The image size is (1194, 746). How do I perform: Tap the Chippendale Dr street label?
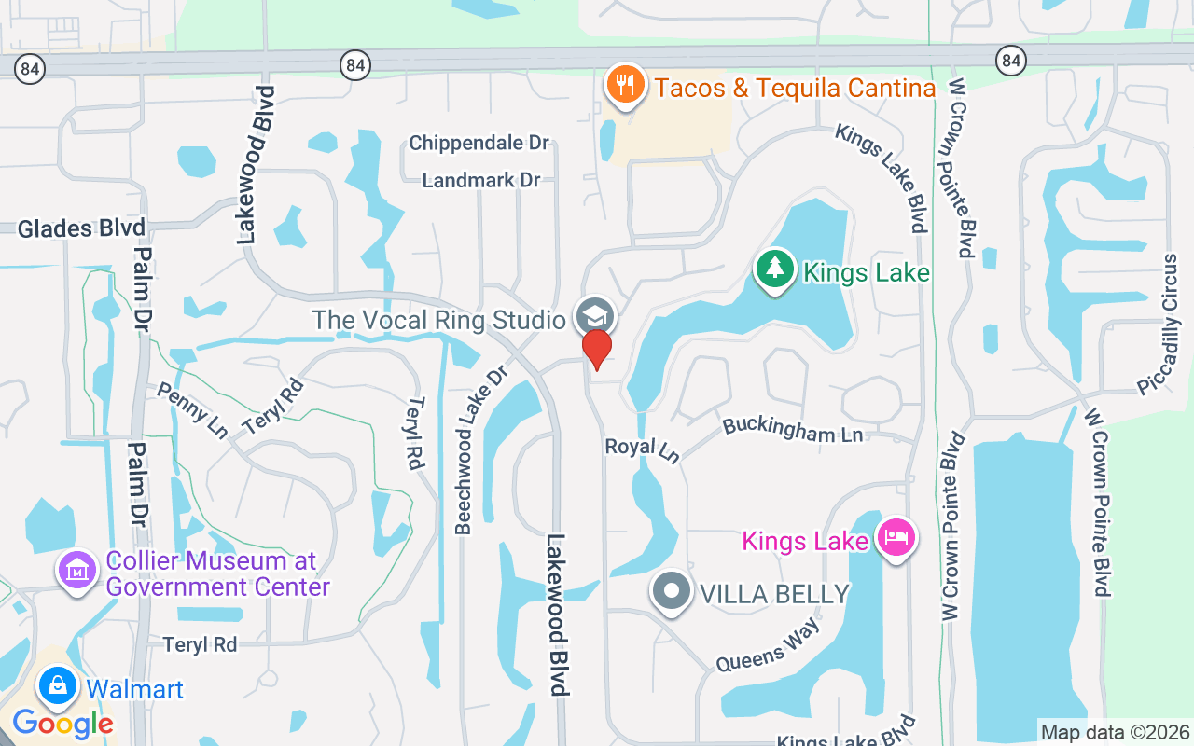coord(479,144)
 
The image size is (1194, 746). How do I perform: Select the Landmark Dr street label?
coord(481,180)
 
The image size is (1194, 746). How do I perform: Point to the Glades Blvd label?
coord(82,228)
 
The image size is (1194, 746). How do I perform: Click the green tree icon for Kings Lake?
coord(774,269)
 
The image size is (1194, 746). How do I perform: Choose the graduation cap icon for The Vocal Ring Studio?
coord(594,316)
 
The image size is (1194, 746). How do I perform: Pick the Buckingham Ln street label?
coord(793,430)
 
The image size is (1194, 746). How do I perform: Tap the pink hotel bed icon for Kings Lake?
coord(895,538)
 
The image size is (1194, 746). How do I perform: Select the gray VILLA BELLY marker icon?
coord(671,592)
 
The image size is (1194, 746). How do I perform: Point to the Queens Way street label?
coord(768,644)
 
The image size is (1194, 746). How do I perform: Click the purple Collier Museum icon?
coord(77,569)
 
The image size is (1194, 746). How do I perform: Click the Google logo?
coord(62,723)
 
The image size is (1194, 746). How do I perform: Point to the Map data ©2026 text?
coord(1115,732)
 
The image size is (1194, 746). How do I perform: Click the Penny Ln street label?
coord(191,409)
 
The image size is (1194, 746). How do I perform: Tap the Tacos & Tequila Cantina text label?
coord(795,89)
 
